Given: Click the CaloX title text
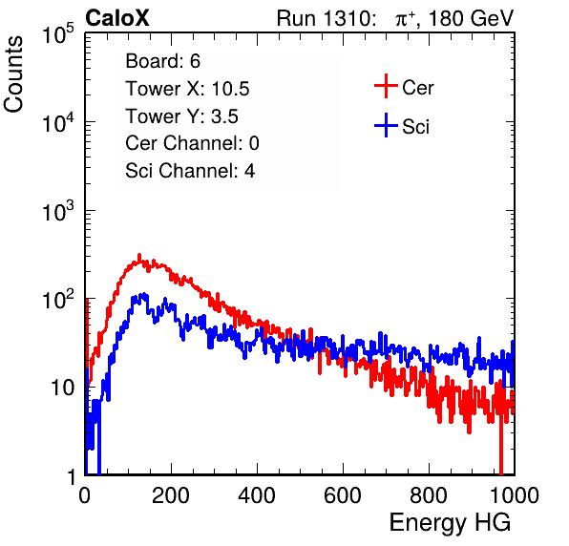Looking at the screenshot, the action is pyautogui.click(x=117, y=18).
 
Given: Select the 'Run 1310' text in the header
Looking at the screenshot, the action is pyautogui.click(x=325, y=18).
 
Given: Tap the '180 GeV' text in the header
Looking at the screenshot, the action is pyautogui.click(x=471, y=18).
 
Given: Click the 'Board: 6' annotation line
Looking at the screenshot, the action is pyautogui.click(x=162, y=61).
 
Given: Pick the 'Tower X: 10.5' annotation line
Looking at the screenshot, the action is pyautogui.click(x=187, y=89).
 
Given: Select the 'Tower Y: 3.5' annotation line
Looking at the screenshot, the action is pyautogui.click(x=181, y=116).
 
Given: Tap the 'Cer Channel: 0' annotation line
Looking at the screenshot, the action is pyautogui.click(x=192, y=143).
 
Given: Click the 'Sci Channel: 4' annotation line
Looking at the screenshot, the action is pyautogui.click(x=190, y=171).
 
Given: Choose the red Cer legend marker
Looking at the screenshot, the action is pyautogui.click(x=386, y=86).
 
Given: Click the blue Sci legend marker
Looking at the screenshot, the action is pyautogui.click(x=386, y=126).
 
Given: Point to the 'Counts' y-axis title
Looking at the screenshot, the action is pyautogui.click(x=13, y=74).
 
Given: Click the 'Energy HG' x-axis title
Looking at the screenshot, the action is pyautogui.click(x=450, y=522).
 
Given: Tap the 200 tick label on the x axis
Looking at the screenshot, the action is pyautogui.click(x=171, y=495).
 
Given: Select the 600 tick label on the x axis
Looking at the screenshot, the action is pyautogui.click(x=343, y=495).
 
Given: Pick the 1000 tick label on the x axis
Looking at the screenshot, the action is pyautogui.click(x=515, y=495).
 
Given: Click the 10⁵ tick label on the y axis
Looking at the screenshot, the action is pyautogui.click(x=58, y=34).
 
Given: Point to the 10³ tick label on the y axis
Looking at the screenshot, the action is pyautogui.click(x=58, y=211).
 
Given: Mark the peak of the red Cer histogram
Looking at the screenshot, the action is pyautogui.click(x=139, y=256).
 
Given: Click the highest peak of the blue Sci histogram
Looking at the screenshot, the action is pyautogui.click(x=144, y=294).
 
